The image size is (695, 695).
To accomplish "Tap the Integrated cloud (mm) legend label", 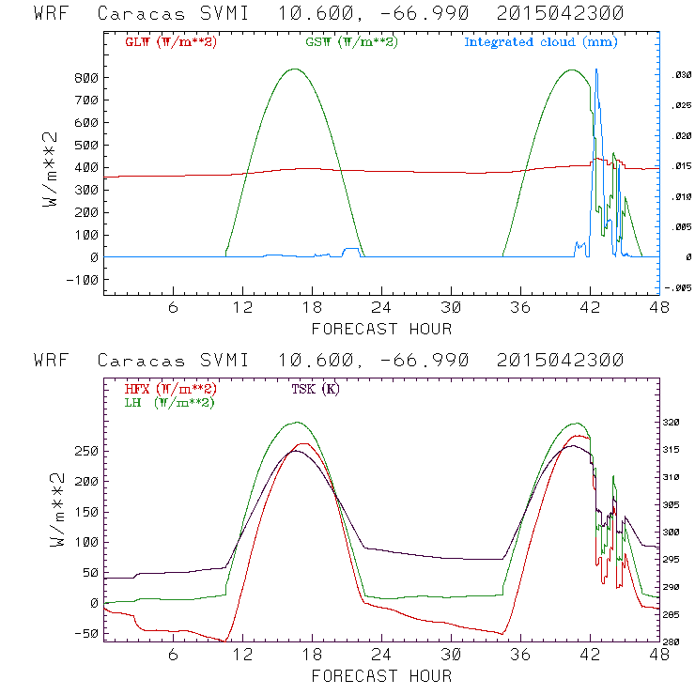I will pyautogui.click(x=541, y=42).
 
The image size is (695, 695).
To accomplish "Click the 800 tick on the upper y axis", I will pyautogui.click(x=87, y=78).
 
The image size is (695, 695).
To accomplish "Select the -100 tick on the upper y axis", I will pyautogui.click(x=84, y=280).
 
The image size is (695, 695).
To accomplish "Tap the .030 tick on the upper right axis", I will pyautogui.click(x=679, y=76).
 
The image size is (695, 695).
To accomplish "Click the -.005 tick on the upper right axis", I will pyautogui.click(x=676, y=288).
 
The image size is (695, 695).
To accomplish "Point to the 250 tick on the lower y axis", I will pyautogui.click(x=87, y=451).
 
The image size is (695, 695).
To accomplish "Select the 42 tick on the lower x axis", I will pyautogui.click(x=590, y=656).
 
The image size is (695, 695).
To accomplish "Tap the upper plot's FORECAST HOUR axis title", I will pyautogui.click(x=381, y=329).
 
